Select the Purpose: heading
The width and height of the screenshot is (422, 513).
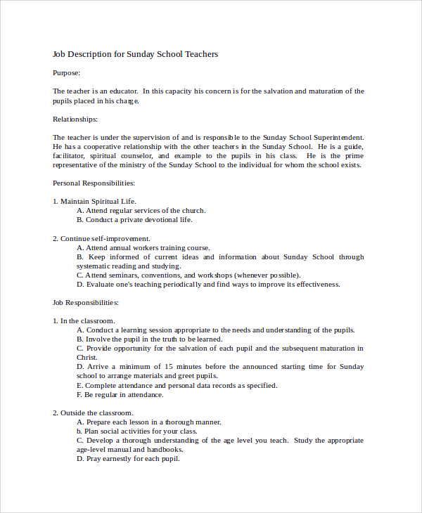click(x=67, y=72)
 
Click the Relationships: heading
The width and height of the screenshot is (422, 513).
click(x=75, y=119)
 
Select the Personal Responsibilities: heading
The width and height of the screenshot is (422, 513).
click(x=94, y=183)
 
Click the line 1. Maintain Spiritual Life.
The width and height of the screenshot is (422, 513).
click(x=94, y=202)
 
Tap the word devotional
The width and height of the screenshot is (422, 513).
click(x=153, y=220)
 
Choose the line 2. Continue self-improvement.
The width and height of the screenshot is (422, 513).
click(x=101, y=239)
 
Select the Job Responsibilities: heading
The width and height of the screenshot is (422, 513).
click(x=86, y=303)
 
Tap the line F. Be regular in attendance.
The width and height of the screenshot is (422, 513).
click(x=120, y=395)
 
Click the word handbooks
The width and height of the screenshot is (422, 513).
click(x=166, y=450)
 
